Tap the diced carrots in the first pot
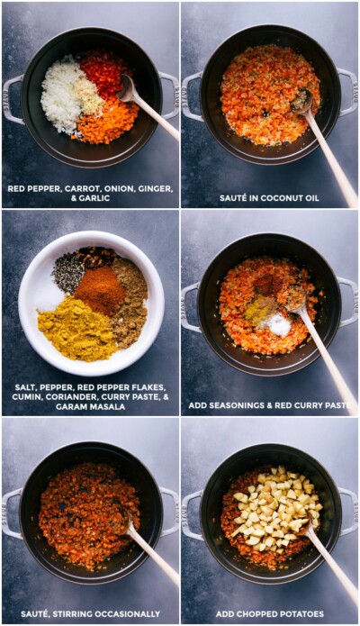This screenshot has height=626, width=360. (105, 123)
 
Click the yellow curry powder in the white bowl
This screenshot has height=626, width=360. (76, 330)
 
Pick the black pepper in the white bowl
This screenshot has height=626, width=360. (68, 271)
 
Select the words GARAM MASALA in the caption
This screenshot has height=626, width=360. (90, 406)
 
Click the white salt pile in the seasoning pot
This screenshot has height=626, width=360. (279, 324)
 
